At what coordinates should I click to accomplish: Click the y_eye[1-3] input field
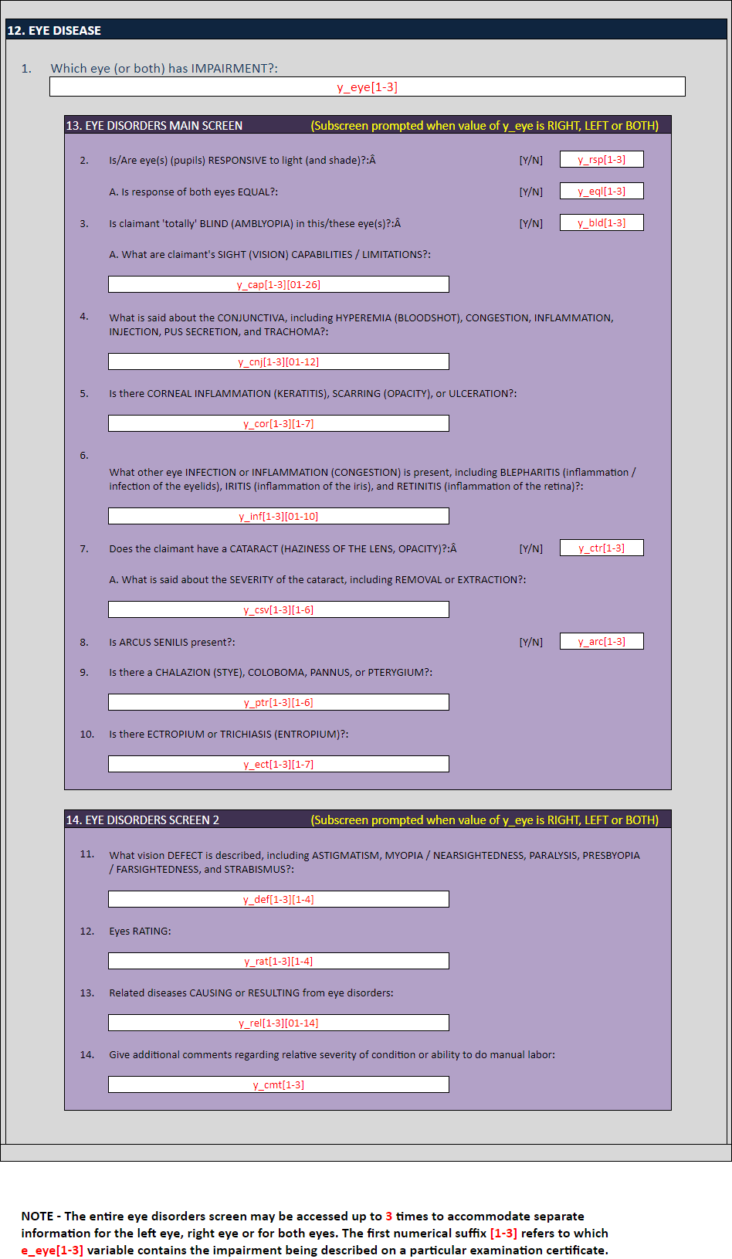click(x=367, y=87)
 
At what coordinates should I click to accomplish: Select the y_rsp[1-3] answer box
click(x=602, y=160)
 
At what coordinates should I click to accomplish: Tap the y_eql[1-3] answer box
click(x=602, y=192)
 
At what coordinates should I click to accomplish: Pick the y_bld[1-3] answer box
click(x=602, y=223)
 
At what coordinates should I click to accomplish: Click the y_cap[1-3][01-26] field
click(x=278, y=285)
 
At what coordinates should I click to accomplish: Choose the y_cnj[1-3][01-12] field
click(x=278, y=362)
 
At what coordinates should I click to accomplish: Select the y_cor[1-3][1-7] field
click(x=278, y=424)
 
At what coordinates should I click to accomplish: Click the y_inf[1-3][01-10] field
click(x=278, y=517)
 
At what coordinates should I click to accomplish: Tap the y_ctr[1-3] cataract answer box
click(x=602, y=548)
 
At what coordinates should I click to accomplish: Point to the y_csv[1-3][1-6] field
click(x=278, y=610)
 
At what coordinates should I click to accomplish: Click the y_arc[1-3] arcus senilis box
click(x=602, y=642)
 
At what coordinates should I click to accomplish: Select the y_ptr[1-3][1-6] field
click(x=278, y=703)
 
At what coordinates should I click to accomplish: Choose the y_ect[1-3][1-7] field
click(x=278, y=765)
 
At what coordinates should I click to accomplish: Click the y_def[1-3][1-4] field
click(x=278, y=900)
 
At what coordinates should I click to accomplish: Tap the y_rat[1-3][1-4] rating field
click(x=278, y=962)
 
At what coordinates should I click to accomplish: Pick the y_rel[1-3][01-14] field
click(x=278, y=1023)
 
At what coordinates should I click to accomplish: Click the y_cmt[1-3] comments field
click(x=278, y=1085)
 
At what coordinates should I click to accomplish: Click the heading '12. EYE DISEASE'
click(x=54, y=31)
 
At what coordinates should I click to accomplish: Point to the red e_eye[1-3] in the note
click(x=52, y=1251)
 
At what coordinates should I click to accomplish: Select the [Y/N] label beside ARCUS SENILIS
click(x=531, y=643)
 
